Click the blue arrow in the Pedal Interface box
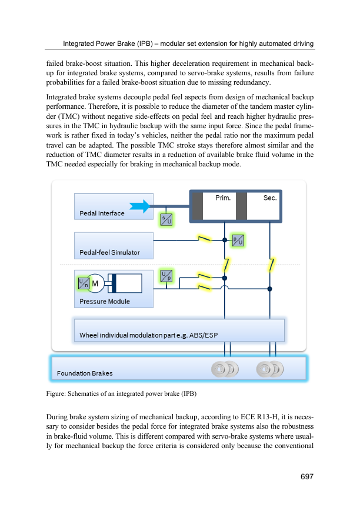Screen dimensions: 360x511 tap(139, 206)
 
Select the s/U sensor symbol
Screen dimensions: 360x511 tap(166, 220)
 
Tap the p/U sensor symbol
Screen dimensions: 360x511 tap(238, 241)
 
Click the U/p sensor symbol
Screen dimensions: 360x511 tap(166, 276)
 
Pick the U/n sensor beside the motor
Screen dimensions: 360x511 tap(84, 283)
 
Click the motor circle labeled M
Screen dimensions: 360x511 tap(95, 283)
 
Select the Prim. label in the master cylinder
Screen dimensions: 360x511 tap(223, 198)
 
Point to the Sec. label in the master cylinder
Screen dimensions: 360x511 tap(270, 198)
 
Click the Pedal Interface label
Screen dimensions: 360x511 tap(102, 213)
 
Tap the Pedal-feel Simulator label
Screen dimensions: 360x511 tap(109, 253)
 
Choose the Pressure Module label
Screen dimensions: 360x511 tap(105, 302)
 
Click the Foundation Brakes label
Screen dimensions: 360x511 tap(85, 373)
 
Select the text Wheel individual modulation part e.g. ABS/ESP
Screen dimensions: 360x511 tap(149, 335)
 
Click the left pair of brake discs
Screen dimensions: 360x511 tap(225, 369)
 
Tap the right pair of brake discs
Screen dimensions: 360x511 tap(269, 369)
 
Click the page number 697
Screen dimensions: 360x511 tap(307, 476)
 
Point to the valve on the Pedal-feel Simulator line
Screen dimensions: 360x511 tap(205, 239)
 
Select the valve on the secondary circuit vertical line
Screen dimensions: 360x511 tap(271, 265)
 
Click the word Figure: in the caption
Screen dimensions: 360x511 tap(56, 393)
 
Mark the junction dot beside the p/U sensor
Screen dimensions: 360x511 tap(225, 240)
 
